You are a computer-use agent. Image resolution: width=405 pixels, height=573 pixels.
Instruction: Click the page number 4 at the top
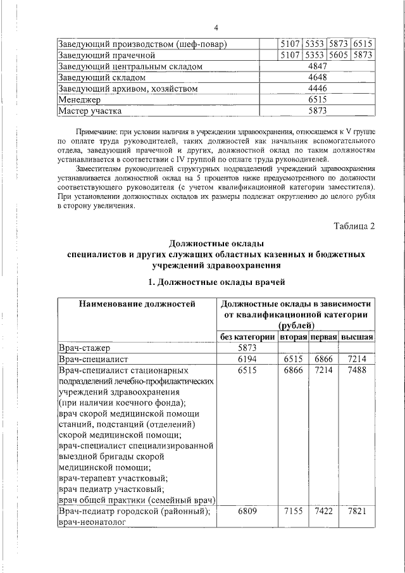tap(215, 28)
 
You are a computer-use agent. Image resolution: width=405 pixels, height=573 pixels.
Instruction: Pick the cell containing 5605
tap(339, 55)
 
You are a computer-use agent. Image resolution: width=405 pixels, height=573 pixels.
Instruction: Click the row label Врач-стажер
tap(84, 348)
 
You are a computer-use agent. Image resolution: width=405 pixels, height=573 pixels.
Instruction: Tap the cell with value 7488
tap(358, 370)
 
